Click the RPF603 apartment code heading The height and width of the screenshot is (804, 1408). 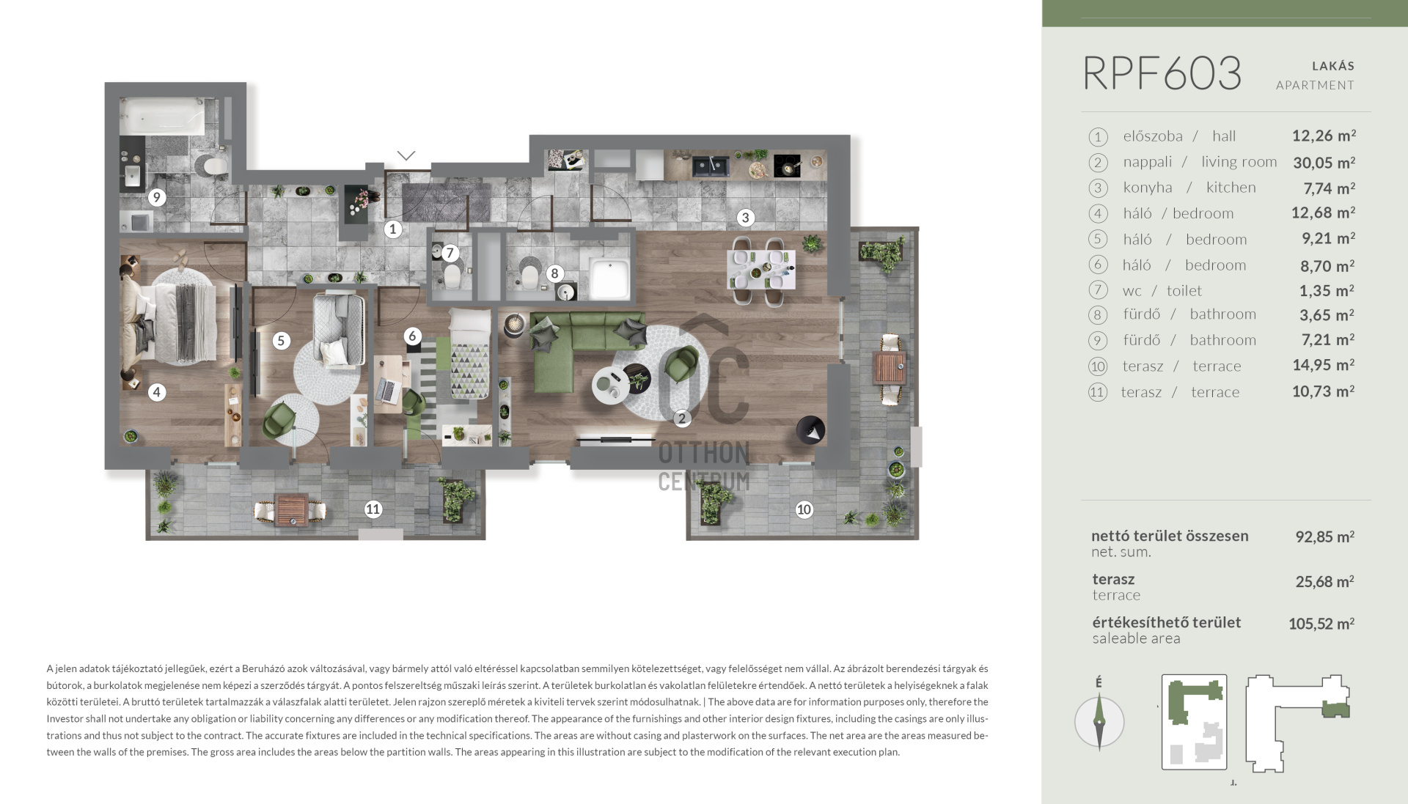pos(1162,73)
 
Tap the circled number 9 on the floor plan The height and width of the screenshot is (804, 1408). pos(156,197)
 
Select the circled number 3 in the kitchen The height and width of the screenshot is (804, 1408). pos(746,217)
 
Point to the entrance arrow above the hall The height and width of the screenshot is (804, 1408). pos(406,155)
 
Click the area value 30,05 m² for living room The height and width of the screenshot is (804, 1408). pos(1324,162)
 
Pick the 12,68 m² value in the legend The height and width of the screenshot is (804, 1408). pos(1323,213)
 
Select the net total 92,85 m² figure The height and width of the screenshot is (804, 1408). pos(1324,536)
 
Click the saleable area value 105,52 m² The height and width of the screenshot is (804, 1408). pos(1321,624)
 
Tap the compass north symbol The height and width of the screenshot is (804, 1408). pos(1099,721)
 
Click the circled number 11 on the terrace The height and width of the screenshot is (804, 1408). pos(373,509)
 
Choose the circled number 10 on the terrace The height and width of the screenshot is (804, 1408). pos(804,509)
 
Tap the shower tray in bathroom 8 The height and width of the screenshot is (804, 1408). pos(610,279)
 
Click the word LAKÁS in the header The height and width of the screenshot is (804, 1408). pos(1333,66)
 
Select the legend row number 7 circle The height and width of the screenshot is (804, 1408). pos(1097,290)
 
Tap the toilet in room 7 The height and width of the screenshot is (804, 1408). pos(452,277)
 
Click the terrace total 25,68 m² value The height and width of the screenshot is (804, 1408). pos(1324,582)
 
